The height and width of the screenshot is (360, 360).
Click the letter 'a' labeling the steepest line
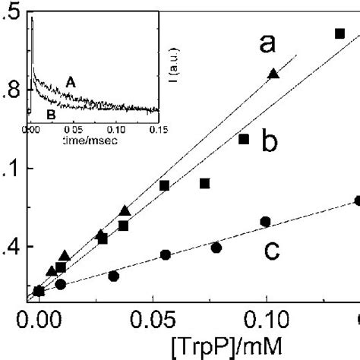[267, 45]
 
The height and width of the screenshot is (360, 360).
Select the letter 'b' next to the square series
[267, 141]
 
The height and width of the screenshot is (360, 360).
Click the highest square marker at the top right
[340, 33]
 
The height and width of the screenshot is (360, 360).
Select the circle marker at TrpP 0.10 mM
[265, 221]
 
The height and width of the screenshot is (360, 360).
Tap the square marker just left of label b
[244, 139]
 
